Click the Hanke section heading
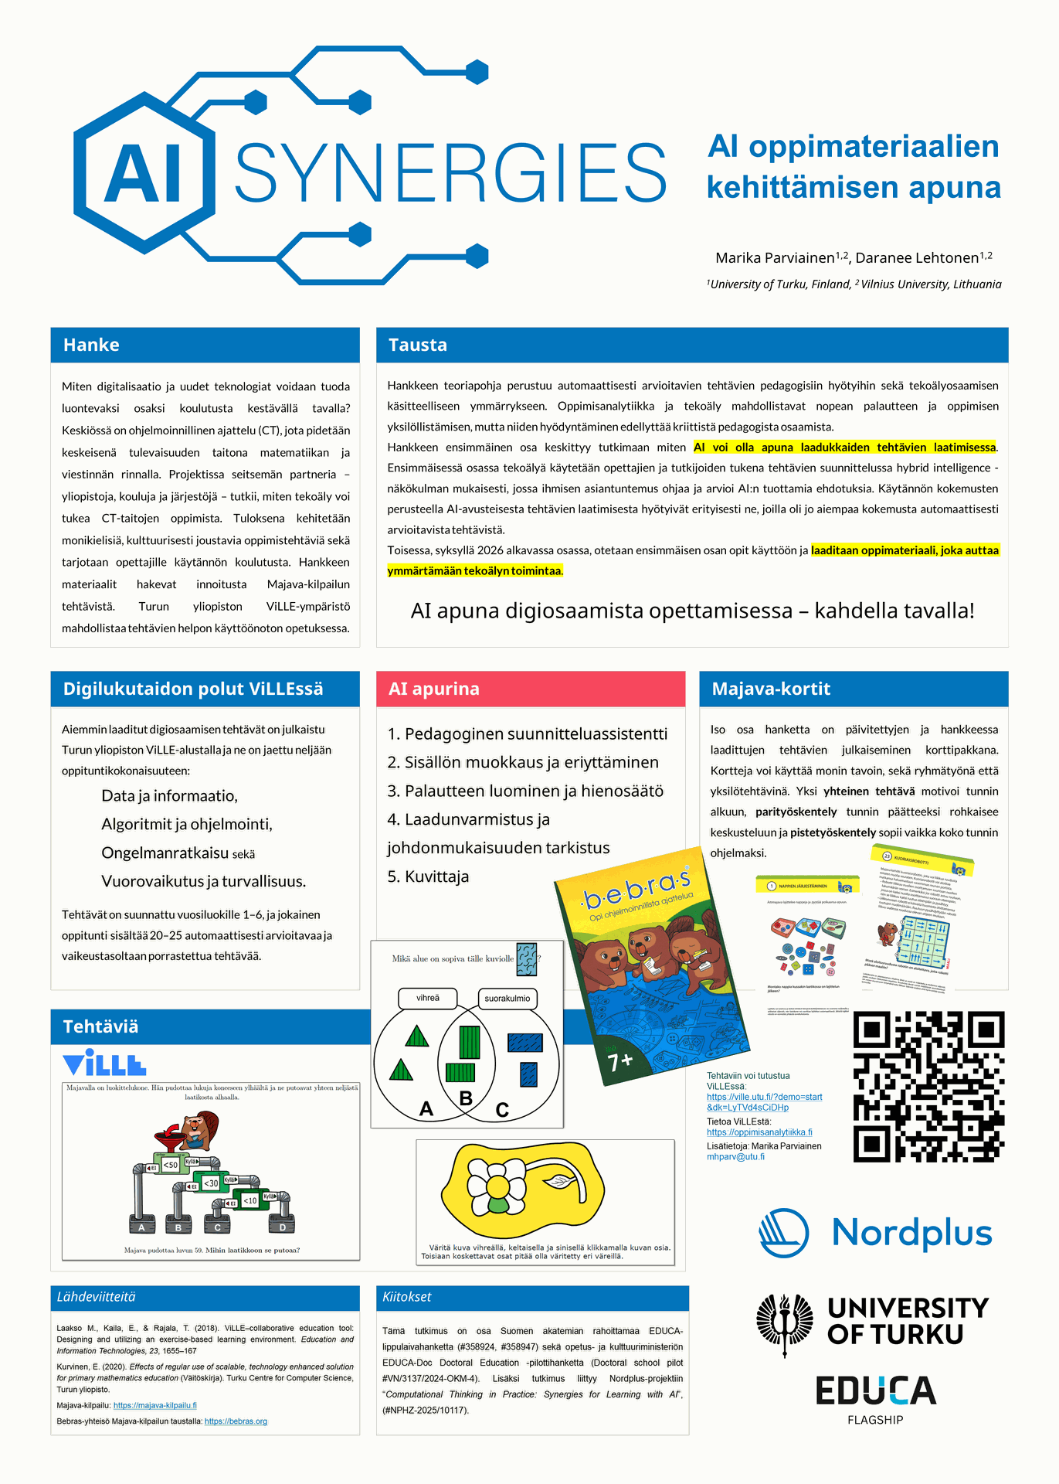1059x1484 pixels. click(x=91, y=345)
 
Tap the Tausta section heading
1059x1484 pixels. click(x=418, y=345)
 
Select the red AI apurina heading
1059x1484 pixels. click(x=434, y=689)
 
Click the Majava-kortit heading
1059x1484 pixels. click(x=771, y=689)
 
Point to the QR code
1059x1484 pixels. click(x=928, y=1086)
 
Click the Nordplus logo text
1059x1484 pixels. click(x=911, y=1232)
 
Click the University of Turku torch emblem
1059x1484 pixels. click(x=785, y=1325)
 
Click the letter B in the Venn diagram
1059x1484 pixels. click(x=466, y=1098)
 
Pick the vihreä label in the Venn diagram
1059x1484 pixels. click(x=428, y=999)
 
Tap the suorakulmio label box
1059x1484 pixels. click(x=507, y=999)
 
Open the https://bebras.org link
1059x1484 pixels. click(x=236, y=1421)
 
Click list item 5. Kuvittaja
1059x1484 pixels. click(x=428, y=876)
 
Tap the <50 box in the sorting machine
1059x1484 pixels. click(x=171, y=1165)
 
